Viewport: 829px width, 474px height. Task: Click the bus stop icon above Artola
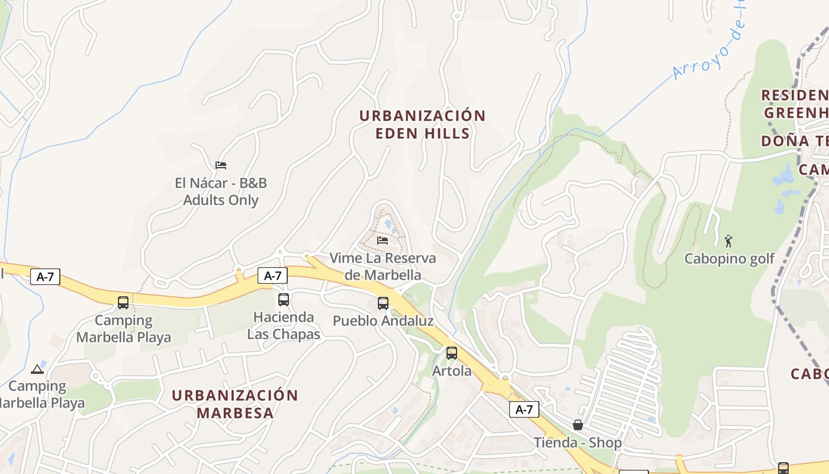click(x=452, y=353)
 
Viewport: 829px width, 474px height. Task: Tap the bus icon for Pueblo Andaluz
click(x=383, y=303)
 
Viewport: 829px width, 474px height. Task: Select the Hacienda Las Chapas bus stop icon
click(x=284, y=300)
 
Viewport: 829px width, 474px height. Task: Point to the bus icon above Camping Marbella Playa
click(x=123, y=303)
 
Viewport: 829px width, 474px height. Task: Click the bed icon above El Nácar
click(x=221, y=165)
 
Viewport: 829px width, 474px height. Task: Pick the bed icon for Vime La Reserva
click(x=383, y=240)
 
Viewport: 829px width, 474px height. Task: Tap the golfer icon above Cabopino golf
click(x=728, y=241)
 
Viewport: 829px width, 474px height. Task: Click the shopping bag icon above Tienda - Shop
click(x=578, y=425)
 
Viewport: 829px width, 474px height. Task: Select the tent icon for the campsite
click(x=37, y=369)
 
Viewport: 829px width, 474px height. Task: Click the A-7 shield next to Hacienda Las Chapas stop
click(x=272, y=276)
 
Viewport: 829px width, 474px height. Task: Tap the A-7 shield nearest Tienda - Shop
click(x=524, y=409)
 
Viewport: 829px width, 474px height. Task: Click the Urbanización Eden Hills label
click(x=423, y=124)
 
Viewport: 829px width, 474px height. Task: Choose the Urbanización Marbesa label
click(x=235, y=404)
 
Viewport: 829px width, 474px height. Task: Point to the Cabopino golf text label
click(x=729, y=259)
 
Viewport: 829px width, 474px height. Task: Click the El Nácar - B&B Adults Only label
click(x=221, y=191)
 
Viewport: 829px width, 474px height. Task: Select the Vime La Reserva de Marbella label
click(x=383, y=267)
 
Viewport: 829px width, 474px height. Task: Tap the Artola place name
click(x=452, y=371)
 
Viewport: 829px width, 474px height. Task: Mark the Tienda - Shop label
click(x=578, y=443)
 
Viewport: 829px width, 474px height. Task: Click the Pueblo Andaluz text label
click(x=383, y=321)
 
